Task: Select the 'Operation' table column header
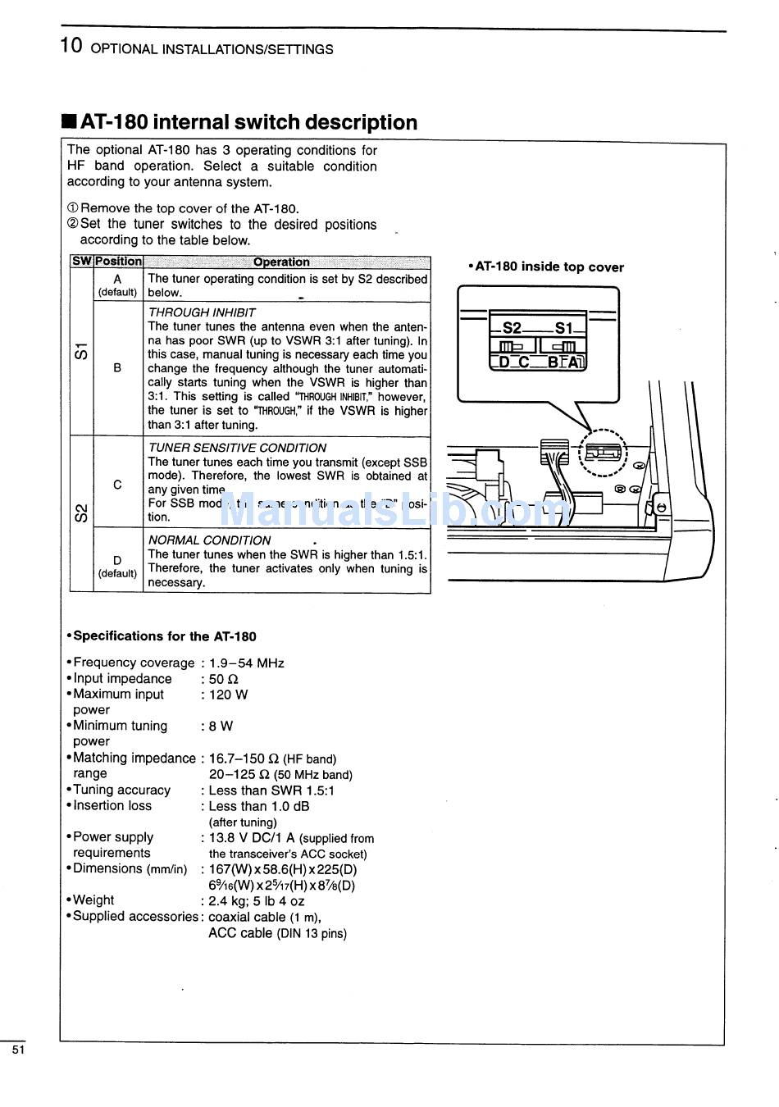pos(281,262)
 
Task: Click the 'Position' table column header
pos(118,262)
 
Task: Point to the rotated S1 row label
pos(81,352)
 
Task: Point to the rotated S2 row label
pos(81,513)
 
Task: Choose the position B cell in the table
pos(117,368)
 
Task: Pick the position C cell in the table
pos(117,485)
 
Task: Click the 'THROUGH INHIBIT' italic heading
pos(202,312)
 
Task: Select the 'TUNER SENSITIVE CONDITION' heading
pos(237,448)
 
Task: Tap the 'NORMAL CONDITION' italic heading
pos(209,540)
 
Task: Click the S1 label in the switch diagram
pos(564,328)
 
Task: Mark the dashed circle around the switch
pos(603,453)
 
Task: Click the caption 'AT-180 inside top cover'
pos(549,267)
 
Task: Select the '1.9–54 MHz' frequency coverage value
pos(246,663)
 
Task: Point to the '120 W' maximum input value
pos(228,695)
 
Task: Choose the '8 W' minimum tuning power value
pos(221,727)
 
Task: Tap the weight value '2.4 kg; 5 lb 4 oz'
pos(256,900)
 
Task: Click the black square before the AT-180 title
pos(69,123)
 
